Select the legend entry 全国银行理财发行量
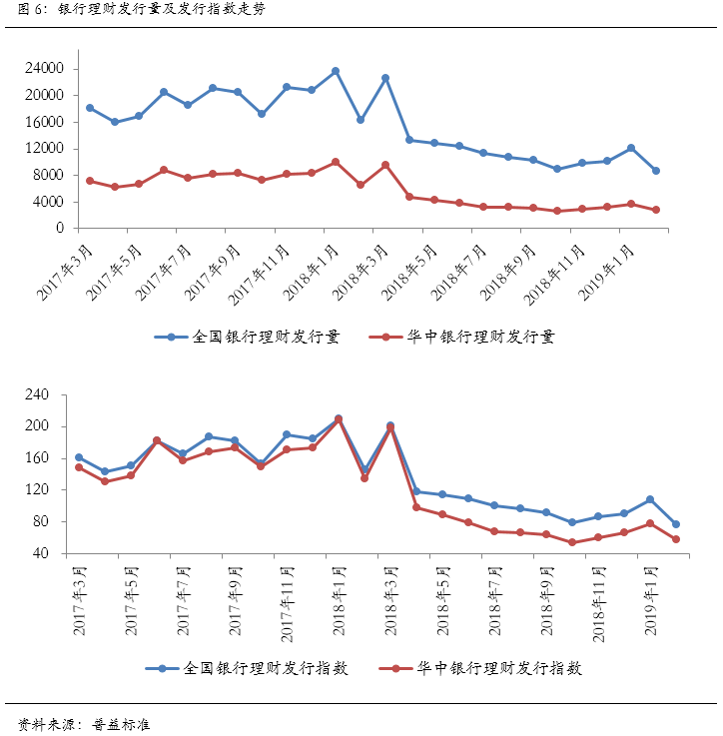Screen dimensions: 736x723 251,337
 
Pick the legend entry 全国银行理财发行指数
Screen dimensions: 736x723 250,668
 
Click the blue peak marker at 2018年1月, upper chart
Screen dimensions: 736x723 336,71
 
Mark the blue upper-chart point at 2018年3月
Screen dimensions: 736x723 385,78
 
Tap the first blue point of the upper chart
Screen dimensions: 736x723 90,108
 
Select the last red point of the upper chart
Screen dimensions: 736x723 655,210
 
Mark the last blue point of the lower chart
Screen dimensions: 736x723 676,524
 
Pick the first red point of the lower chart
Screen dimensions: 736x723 79,467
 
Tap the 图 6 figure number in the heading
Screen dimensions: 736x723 22,11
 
